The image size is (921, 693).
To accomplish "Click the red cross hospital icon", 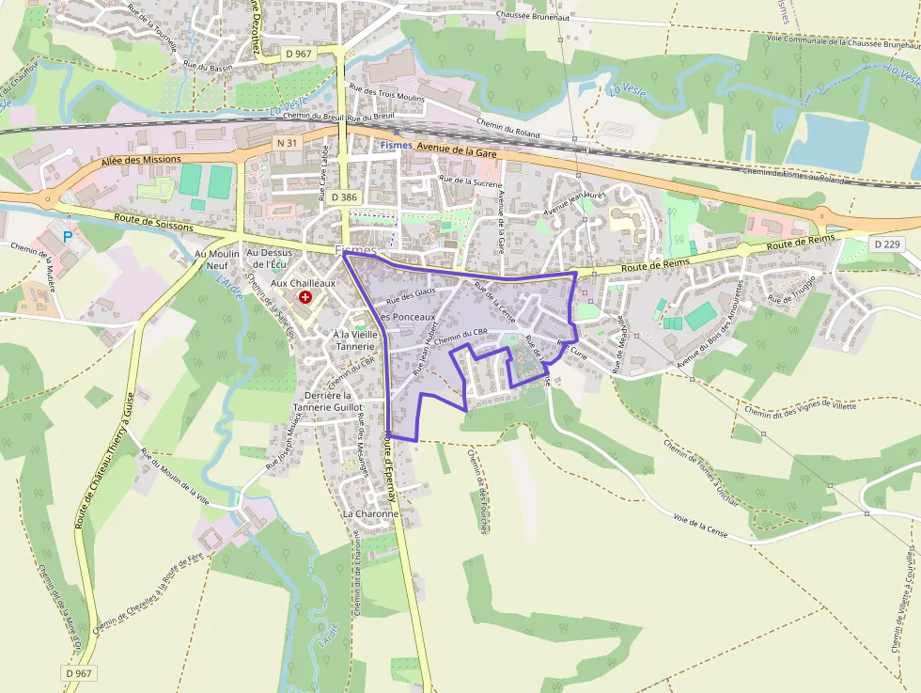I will click(305, 298).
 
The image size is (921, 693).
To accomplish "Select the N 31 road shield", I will click(288, 142).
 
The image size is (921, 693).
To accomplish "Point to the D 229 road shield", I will click(886, 244).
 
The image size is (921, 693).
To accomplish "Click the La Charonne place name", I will click(370, 514).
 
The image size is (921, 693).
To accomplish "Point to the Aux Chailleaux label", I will click(303, 282).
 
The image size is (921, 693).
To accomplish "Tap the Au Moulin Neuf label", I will click(217, 260).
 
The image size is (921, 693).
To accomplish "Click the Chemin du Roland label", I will click(508, 127).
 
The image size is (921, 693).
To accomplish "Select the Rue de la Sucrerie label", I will click(470, 181).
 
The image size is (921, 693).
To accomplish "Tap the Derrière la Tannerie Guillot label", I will click(327, 402).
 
